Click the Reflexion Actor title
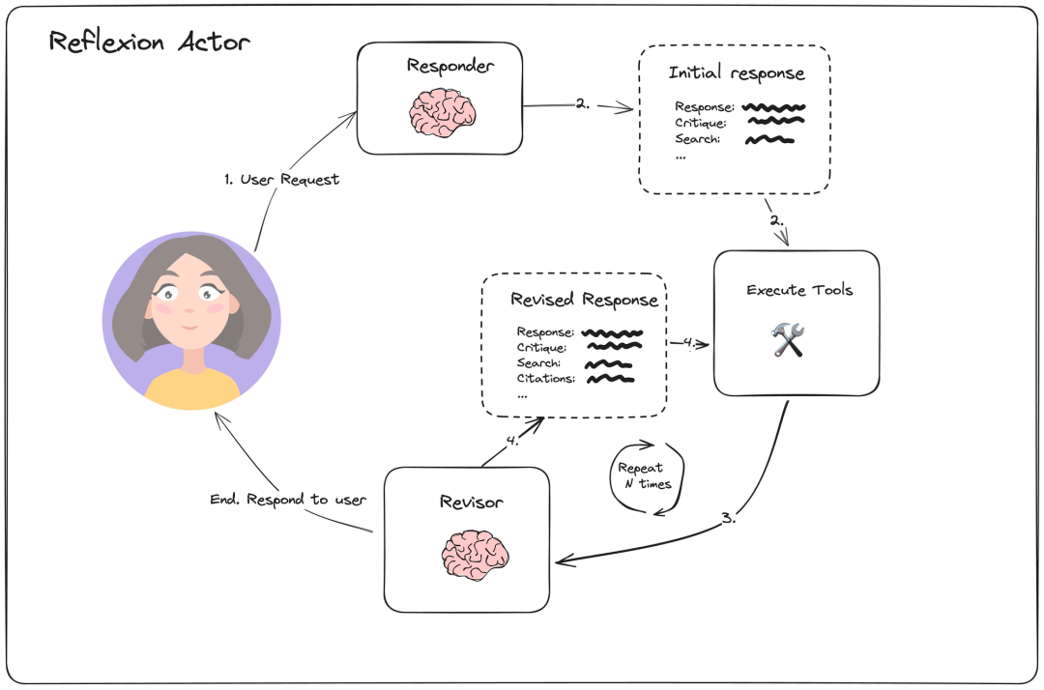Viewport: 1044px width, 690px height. [x=149, y=43]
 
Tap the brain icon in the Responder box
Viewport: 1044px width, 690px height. [x=439, y=112]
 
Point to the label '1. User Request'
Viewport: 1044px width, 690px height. [x=280, y=180]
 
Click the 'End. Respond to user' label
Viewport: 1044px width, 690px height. [x=288, y=500]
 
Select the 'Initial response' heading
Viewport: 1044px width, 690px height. [x=736, y=73]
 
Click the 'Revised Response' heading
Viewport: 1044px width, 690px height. [x=584, y=300]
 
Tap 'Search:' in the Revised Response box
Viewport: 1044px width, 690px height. [x=538, y=363]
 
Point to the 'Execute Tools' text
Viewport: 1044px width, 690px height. [x=799, y=290]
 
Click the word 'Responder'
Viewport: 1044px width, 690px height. [x=449, y=67]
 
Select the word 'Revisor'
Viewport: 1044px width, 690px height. [x=471, y=502]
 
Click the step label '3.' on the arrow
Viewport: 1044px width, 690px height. [x=729, y=518]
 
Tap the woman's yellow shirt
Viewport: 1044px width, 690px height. [x=192, y=387]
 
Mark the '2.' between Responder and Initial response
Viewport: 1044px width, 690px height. [x=582, y=104]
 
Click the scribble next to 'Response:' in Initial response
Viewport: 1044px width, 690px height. [x=773, y=106]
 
